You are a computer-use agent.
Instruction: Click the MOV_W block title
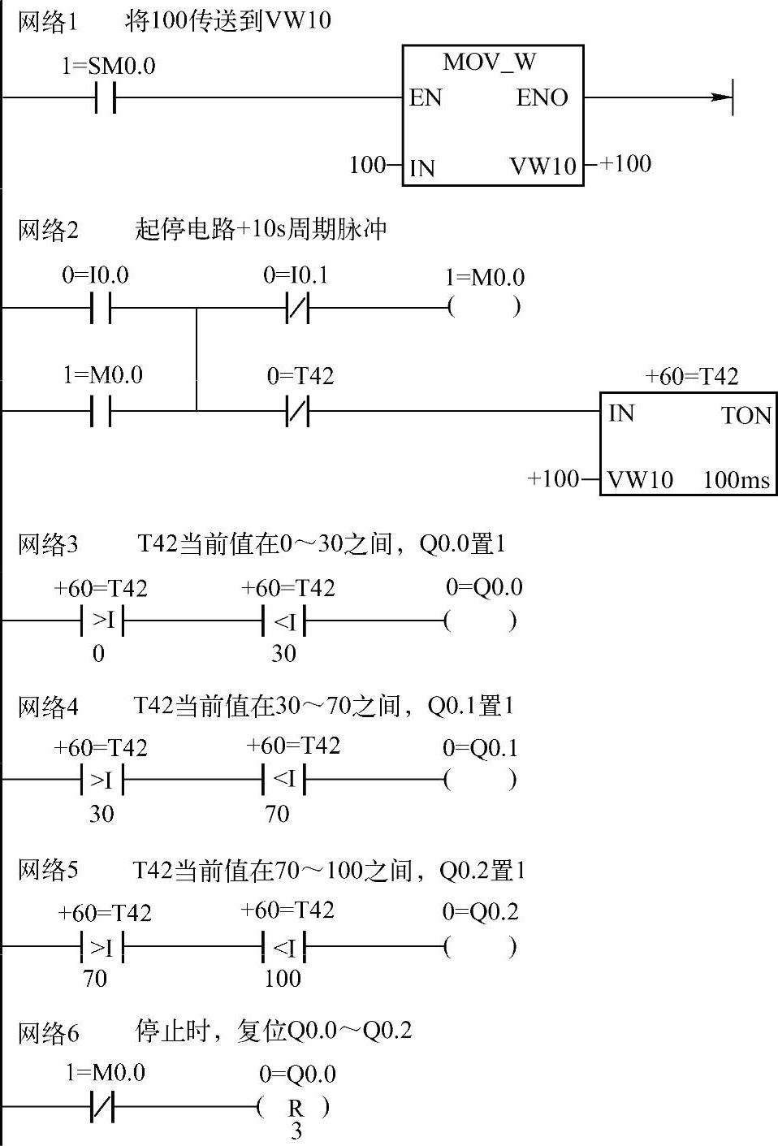click(x=489, y=63)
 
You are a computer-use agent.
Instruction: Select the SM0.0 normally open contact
click(x=105, y=98)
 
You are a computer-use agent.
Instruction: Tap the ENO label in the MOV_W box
click(x=542, y=98)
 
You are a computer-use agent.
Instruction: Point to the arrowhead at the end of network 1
click(x=722, y=97)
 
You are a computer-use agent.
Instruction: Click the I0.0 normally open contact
click(x=101, y=309)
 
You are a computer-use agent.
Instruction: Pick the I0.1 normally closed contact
click(x=298, y=309)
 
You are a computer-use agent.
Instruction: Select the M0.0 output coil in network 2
click(x=484, y=308)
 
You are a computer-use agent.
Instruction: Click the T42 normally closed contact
click(x=298, y=411)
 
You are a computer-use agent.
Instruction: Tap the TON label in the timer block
click(x=746, y=416)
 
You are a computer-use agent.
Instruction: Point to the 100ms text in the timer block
click(x=736, y=480)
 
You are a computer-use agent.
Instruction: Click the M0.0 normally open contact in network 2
click(x=101, y=411)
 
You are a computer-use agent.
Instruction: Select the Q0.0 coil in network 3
click(x=481, y=621)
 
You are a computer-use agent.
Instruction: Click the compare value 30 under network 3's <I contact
click(x=283, y=654)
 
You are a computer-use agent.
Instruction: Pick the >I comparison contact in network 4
click(x=102, y=781)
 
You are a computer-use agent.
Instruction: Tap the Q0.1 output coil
click(x=481, y=781)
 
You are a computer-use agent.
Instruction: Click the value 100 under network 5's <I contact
click(x=283, y=979)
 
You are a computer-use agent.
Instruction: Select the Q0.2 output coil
click(x=481, y=947)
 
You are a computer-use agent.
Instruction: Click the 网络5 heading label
click(x=48, y=871)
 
